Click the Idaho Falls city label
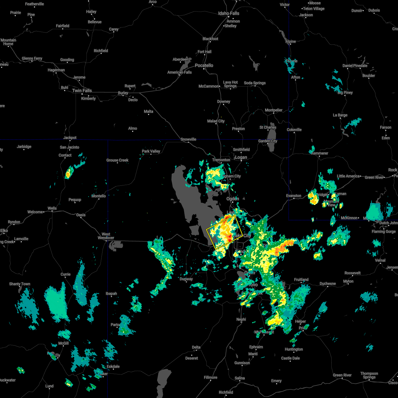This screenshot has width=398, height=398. pos(229,13)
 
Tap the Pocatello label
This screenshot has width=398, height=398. pos(204,65)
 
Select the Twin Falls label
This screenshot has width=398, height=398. pos(82,91)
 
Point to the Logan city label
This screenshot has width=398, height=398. pos(241,157)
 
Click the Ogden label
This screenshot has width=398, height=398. pos(232,199)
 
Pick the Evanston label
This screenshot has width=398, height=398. pos(294,196)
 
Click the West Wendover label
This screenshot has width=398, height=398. pos(106,236)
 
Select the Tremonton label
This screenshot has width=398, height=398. pos(221,160)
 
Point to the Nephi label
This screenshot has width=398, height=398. pos(241,319)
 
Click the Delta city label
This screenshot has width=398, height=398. pos(196,347)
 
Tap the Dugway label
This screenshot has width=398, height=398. pos(186,279)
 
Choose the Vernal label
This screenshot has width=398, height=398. pos(380,260)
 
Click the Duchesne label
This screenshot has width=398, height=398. pos(328,284)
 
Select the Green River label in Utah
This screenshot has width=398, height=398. pos(343,375)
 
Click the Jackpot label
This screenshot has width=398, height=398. pos(70,138)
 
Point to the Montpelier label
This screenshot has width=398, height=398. pos(274,110)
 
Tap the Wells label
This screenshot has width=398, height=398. pos(52,208)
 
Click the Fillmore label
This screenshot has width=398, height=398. pos(210,377)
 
